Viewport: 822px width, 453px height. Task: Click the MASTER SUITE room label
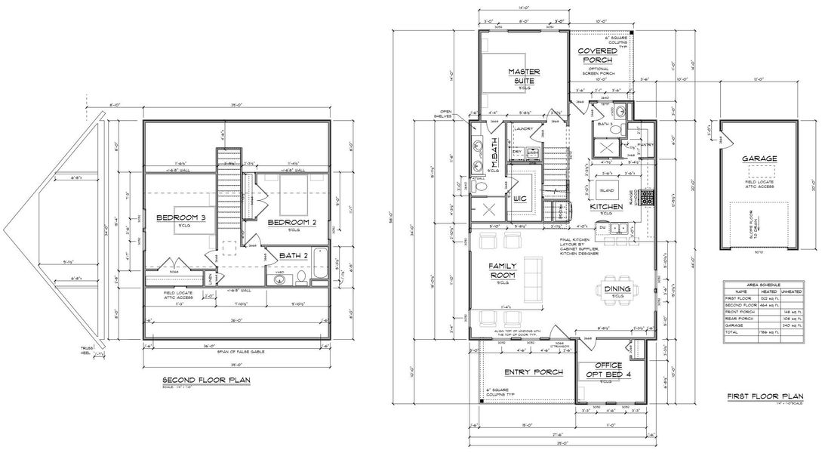coord(521,75)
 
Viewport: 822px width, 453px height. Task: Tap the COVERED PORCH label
coord(596,56)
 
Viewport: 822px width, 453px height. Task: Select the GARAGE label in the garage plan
coord(759,159)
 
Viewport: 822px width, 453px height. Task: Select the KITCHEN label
coord(606,206)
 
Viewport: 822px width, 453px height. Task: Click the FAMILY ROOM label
coord(502,271)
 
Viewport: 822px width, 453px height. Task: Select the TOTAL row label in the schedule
coord(731,332)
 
